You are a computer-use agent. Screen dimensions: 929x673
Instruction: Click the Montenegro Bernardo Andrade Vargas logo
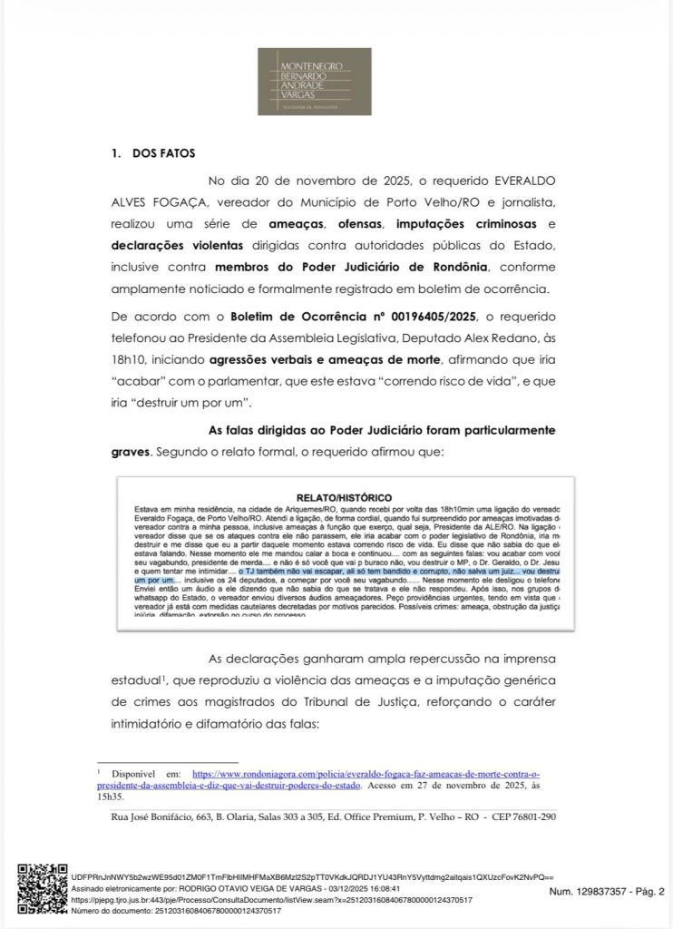314,82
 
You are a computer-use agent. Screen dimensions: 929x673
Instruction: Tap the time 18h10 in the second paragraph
130,358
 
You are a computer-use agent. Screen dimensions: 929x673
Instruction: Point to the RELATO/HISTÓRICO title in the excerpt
347,497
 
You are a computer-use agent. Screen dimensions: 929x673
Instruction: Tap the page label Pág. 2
648,892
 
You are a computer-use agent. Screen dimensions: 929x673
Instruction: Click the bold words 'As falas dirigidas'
263,428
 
